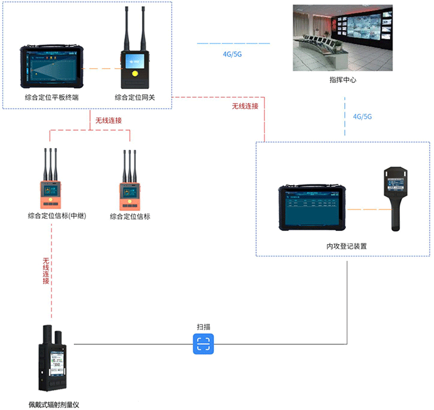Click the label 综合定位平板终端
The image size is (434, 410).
[51, 97]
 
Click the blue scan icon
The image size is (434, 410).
[203, 344]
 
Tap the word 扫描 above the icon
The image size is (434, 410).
[203, 327]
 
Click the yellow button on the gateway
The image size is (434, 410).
[134, 74]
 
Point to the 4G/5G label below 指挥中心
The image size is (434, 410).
[362, 116]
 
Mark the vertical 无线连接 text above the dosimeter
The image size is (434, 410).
[46, 271]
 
